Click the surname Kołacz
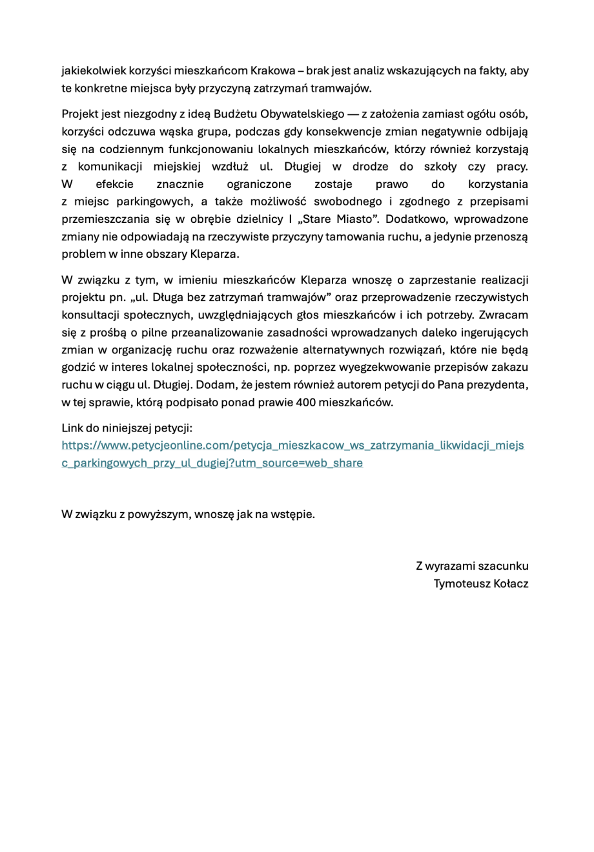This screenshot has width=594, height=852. point(511,583)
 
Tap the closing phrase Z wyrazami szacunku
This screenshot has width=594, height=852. point(471,566)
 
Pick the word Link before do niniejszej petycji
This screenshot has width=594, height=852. point(73,428)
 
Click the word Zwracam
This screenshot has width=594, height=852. point(504,315)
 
